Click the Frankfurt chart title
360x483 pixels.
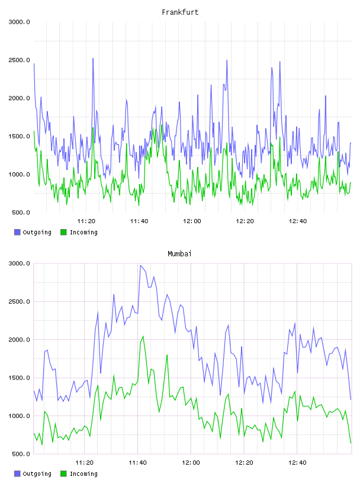180,12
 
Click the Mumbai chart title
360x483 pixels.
179,254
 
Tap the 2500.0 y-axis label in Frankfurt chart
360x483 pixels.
19,60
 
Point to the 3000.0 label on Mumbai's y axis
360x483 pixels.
19,263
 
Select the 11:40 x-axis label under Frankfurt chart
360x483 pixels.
139,221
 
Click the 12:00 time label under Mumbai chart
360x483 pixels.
191,462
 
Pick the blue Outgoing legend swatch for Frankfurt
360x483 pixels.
17,232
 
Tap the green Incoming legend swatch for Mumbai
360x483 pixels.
63,474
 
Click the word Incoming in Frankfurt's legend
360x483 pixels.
83,232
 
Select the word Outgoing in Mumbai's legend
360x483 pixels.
37,474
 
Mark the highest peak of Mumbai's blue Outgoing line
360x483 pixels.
140,265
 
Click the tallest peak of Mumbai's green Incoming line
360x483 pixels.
143,336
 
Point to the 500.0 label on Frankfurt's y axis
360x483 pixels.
21,212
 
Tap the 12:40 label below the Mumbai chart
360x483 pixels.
297,462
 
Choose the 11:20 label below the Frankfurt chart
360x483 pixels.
86,221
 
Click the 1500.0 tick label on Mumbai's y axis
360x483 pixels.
19,378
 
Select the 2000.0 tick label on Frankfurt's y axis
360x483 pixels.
19,98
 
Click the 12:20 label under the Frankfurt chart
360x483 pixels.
245,221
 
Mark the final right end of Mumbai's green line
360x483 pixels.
351,443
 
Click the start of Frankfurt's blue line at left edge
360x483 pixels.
34,64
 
